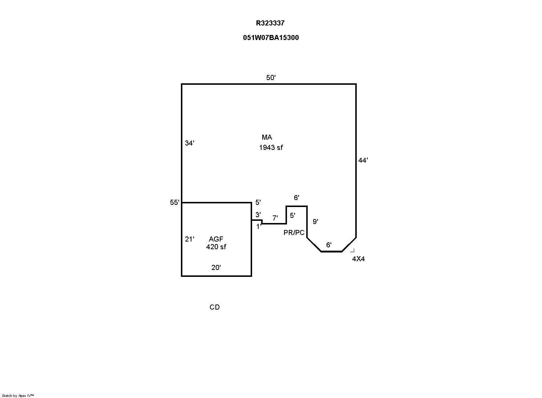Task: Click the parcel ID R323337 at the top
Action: point(270,23)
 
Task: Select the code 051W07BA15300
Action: point(271,38)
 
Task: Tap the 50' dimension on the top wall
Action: point(271,77)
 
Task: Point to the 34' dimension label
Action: point(190,143)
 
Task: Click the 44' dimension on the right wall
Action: point(363,160)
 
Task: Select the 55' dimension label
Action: point(175,203)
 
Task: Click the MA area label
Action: point(267,138)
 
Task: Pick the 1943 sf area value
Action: point(271,148)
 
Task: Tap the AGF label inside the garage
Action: point(216,239)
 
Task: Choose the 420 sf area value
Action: point(216,247)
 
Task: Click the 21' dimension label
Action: point(190,239)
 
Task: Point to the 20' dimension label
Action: point(216,268)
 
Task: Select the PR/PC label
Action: point(294,233)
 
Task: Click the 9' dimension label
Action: point(315,222)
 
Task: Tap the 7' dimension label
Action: point(275,218)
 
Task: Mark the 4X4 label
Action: point(359,259)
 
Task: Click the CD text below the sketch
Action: point(215,307)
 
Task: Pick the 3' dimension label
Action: point(258,215)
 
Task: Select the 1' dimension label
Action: point(259,227)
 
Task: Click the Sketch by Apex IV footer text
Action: point(18,395)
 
